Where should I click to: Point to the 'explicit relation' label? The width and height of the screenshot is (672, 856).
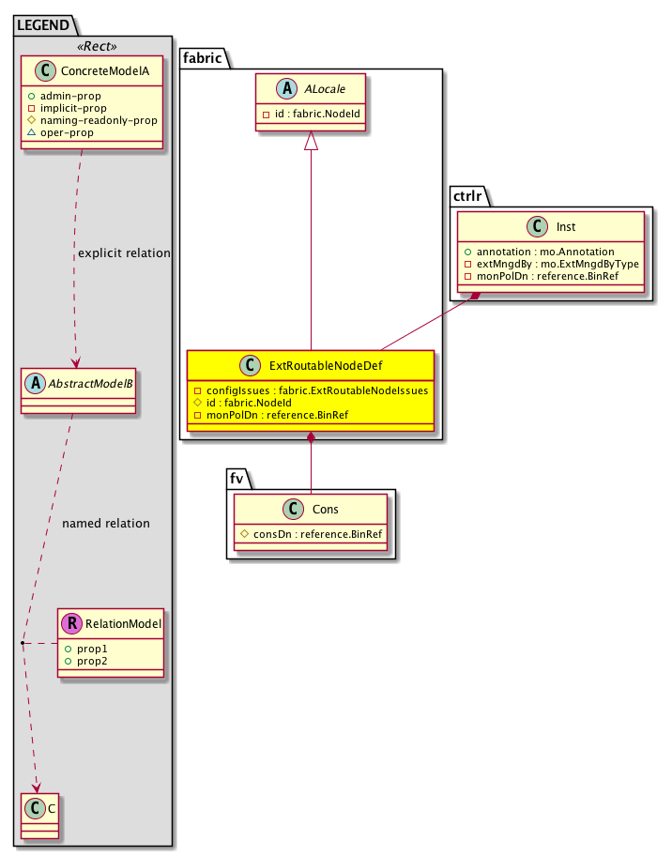(125, 253)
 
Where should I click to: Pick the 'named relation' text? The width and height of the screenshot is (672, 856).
(105, 523)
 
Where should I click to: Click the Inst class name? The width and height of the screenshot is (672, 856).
(565, 225)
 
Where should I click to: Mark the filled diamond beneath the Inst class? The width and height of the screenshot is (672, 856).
(478, 297)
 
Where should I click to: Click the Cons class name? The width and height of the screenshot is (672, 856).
(324, 509)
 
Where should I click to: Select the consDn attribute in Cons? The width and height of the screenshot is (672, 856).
(311, 534)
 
